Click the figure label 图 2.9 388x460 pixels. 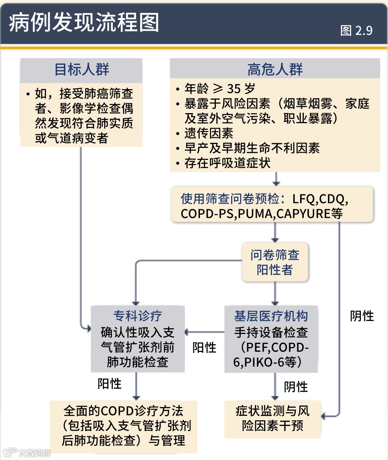(356, 31)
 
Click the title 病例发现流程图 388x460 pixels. (84, 22)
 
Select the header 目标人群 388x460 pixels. (82, 70)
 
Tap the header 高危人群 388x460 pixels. (275, 69)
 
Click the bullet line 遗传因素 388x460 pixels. (209, 133)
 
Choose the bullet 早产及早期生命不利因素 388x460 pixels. (252, 148)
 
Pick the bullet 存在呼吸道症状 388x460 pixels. (227, 163)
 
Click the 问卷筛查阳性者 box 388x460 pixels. (275, 262)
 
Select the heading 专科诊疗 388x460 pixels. (138, 316)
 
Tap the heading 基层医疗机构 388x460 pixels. (271, 316)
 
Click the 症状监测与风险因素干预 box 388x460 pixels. (273, 418)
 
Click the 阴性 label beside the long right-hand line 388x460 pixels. (362, 316)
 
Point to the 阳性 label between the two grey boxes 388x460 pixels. (204, 348)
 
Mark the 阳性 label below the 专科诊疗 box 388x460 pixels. (110, 384)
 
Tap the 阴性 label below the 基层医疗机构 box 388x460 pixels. (296, 387)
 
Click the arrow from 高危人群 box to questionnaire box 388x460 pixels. (276, 179)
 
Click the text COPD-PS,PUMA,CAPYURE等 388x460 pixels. (262, 214)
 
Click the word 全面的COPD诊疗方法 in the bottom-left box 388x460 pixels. (123, 411)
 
